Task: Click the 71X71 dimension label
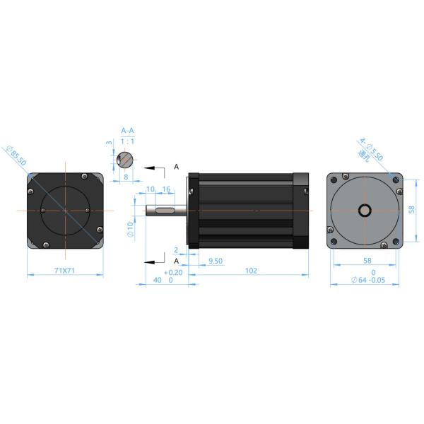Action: coord(65,271)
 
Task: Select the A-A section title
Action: coord(127,131)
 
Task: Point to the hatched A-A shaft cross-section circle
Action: coord(126,160)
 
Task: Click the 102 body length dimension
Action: coord(250,271)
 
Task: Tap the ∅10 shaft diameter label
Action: coord(129,229)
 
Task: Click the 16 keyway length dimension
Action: coord(166,190)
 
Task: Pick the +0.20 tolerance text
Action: coord(172,272)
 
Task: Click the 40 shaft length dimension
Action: coord(158,280)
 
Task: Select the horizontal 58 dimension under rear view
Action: coord(367,261)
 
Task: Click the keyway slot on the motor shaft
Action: coord(166,210)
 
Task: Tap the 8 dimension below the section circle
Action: coord(126,178)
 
